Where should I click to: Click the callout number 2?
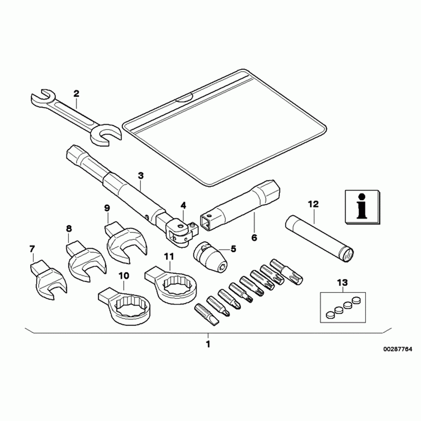76,94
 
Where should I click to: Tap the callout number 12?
313,204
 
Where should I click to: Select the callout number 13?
343,283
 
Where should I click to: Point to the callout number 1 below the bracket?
208,344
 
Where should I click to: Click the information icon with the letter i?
362,207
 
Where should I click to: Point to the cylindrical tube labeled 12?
319,239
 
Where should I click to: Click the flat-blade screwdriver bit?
207,314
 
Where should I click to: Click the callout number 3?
141,176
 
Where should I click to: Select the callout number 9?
107,208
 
